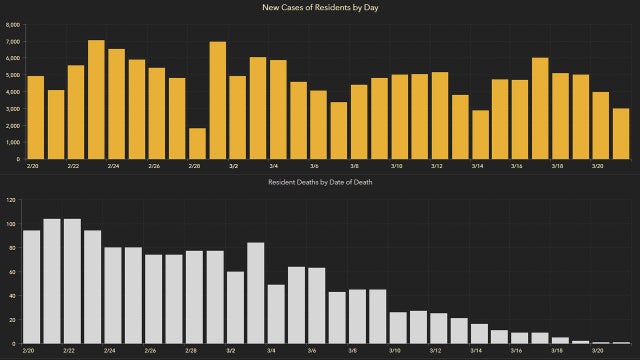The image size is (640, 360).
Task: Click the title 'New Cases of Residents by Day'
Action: point(319,8)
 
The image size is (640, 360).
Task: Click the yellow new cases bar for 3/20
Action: point(601,125)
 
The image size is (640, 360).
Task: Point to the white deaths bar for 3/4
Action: point(277,314)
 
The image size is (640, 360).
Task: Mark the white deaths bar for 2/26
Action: point(153,299)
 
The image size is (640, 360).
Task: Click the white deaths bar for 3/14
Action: point(480,334)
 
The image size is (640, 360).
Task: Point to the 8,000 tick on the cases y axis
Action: point(12,41)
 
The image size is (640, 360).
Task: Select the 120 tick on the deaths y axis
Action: point(11,200)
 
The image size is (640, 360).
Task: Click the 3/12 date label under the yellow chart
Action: point(437,166)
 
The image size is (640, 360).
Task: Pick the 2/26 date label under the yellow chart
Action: point(154,166)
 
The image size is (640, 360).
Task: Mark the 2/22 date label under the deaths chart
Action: point(71,351)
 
